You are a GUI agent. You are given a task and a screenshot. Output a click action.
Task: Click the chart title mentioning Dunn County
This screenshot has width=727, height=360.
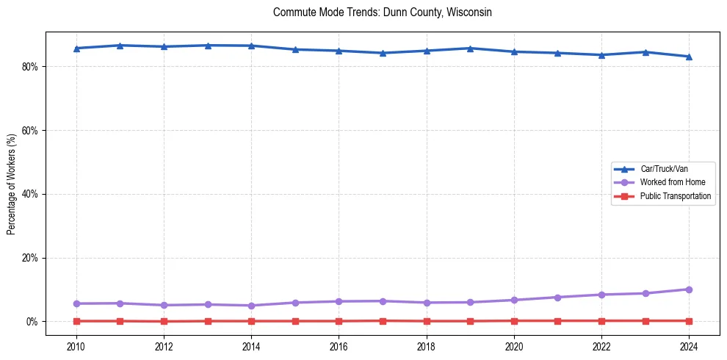click(x=382, y=12)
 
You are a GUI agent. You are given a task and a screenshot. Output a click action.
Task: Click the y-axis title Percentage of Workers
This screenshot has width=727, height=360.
click(x=11, y=184)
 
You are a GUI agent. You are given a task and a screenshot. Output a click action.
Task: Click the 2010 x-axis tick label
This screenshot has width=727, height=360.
click(x=76, y=345)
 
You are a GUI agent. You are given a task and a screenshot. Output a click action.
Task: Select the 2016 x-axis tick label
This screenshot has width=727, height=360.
click(x=339, y=345)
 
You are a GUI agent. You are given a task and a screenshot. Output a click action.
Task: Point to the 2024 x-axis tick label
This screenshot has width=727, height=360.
click(x=689, y=345)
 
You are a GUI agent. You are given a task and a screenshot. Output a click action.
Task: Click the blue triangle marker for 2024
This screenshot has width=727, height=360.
click(x=689, y=57)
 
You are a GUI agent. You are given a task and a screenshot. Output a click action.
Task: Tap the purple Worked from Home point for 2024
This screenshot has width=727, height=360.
click(x=689, y=289)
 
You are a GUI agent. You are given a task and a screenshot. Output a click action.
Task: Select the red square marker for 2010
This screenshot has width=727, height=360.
click(x=76, y=321)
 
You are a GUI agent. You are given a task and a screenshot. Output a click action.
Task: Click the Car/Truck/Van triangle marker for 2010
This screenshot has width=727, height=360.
click(x=76, y=48)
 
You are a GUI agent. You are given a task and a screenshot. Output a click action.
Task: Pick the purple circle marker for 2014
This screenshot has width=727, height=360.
click(x=251, y=306)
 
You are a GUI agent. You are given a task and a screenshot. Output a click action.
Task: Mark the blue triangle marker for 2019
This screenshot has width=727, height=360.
click(x=470, y=48)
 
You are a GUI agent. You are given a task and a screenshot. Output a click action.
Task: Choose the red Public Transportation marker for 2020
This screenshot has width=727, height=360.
click(x=514, y=321)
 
